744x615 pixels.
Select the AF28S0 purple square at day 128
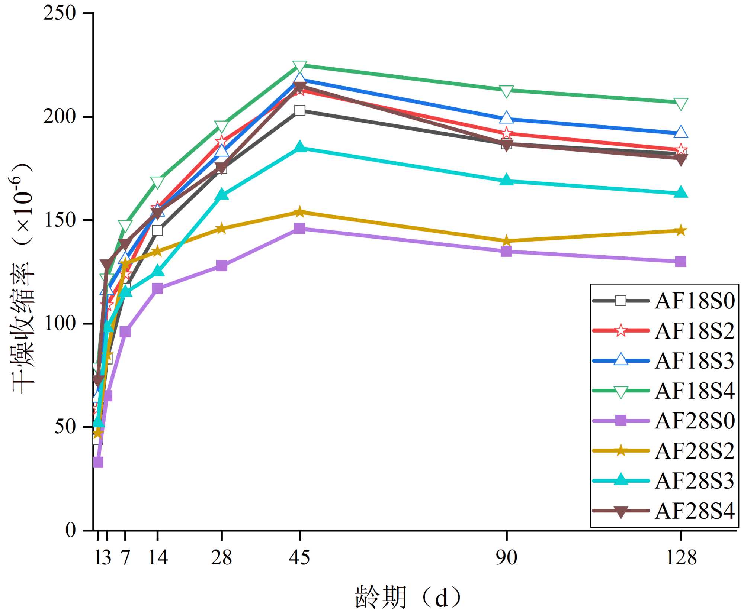tap(680, 261)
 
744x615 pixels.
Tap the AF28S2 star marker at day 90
tap(506, 241)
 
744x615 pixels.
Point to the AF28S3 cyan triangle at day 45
tap(299, 147)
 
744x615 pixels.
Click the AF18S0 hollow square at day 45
tap(299, 110)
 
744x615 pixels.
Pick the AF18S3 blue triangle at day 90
tap(506, 118)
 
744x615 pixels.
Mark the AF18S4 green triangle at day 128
tap(680, 104)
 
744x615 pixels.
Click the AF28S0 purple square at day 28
tap(221, 265)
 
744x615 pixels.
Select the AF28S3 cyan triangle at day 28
tap(221, 194)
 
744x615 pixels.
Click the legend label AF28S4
tap(695, 511)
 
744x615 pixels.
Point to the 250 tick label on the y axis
tap(60, 13)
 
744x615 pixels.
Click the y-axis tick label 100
tap(60, 323)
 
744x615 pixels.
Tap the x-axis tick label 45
tap(299, 557)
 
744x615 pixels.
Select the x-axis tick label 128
tap(680, 557)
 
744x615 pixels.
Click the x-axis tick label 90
tap(506, 557)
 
